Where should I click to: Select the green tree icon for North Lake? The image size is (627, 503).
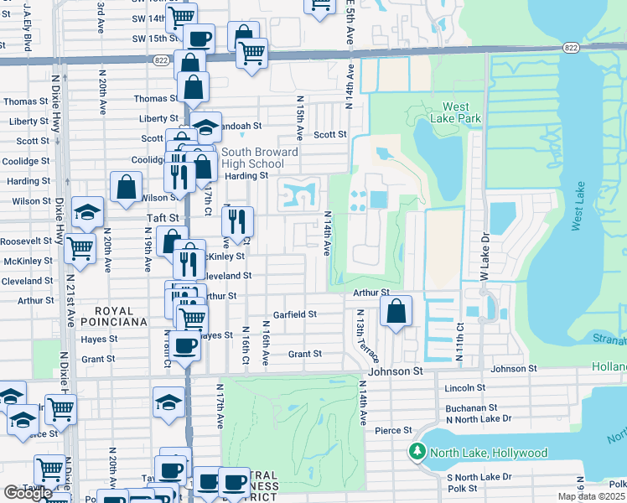[x=417, y=453]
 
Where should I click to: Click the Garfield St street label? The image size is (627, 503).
[x=294, y=314]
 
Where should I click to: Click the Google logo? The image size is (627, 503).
[x=28, y=493]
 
